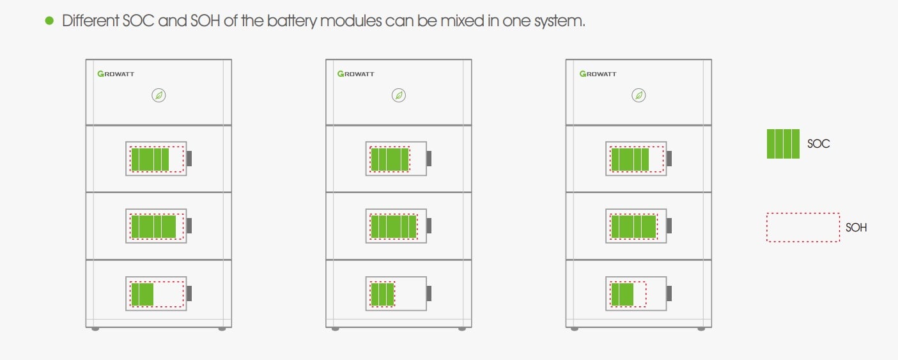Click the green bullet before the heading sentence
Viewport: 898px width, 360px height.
pyautogui.click(x=49, y=21)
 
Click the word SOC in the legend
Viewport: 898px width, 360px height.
pyautogui.click(x=818, y=144)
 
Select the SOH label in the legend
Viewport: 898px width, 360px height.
pyautogui.click(x=856, y=227)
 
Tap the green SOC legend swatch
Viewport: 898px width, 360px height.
pyautogui.click(x=783, y=144)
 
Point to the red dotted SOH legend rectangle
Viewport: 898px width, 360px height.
pyautogui.click(x=803, y=228)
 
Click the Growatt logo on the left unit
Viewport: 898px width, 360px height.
pyautogui.click(x=116, y=74)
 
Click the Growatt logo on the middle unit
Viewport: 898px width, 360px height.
pyautogui.click(x=356, y=74)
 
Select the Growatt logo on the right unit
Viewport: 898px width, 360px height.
pyautogui.click(x=598, y=74)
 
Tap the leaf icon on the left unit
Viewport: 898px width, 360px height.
pyautogui.click(x=159, y=95)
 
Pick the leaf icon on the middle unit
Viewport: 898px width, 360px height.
pyautogui.click(x=399, y=95)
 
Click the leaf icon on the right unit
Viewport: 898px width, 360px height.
pyautogui.click(x=639, y=95)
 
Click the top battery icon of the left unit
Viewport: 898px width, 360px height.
pyautogui.click(x=158, y=159)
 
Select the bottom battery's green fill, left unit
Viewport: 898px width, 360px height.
pyautogui.click(x=143, y=294)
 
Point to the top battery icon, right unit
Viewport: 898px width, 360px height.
pyautogui.click(x=638, y=159)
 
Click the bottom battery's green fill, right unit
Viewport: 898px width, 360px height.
pyautogui.click(x=622, y=294)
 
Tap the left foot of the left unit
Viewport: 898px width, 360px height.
pyautogui.click(x=95, y=329)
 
